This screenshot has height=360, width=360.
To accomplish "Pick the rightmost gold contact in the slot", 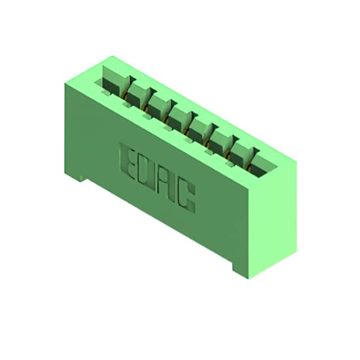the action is click(247, 166).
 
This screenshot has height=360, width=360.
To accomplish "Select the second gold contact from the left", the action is click(145, 106).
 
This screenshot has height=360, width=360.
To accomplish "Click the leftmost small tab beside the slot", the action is click(106, 92).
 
